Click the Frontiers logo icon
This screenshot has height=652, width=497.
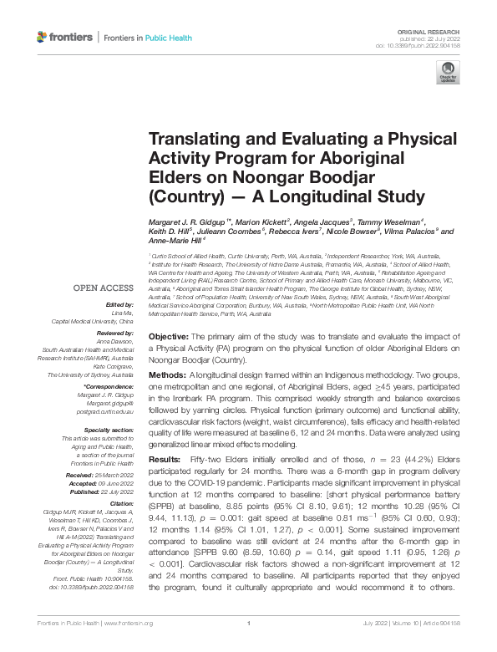43,38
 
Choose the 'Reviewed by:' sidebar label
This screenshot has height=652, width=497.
116,332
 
